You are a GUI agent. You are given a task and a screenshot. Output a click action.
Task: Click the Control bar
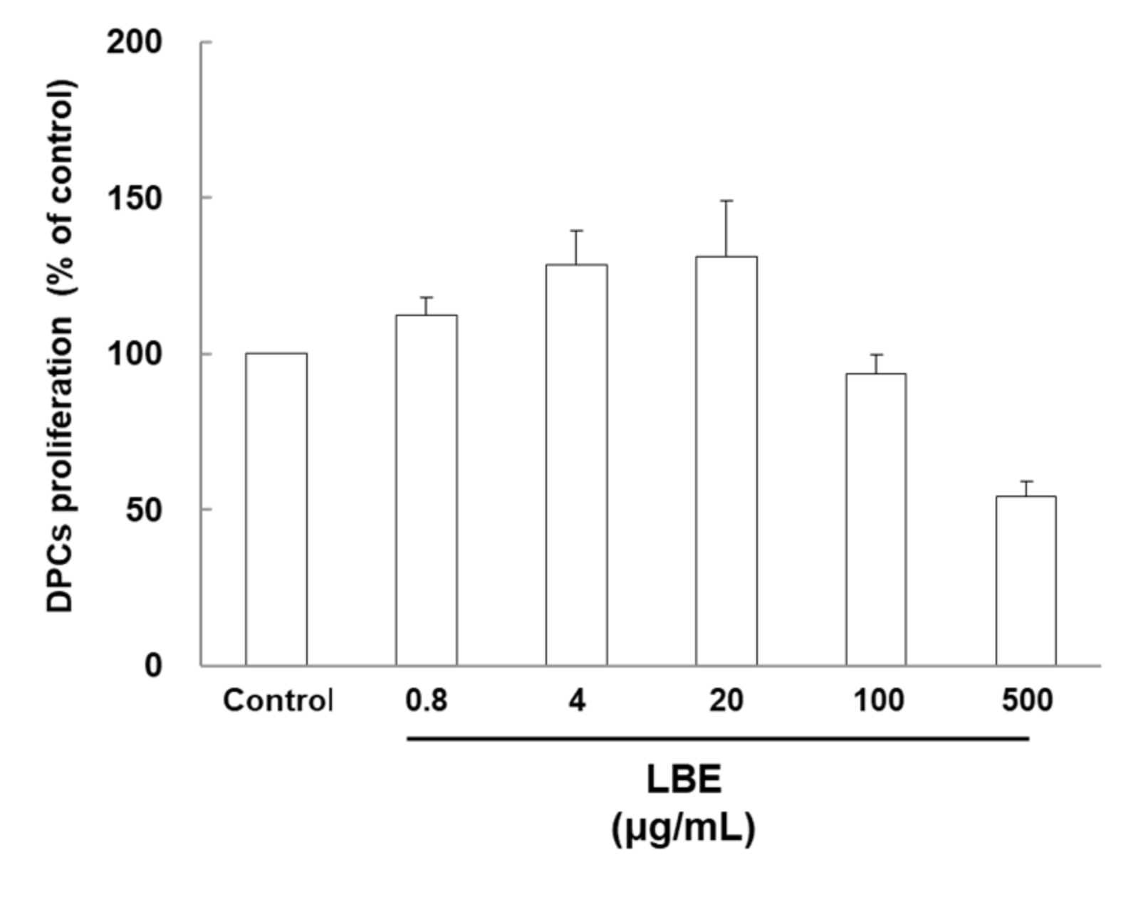click(276, 509)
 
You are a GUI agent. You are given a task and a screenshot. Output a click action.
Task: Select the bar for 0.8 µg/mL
click(427, 490)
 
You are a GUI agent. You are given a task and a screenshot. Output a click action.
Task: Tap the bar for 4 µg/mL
click(577, 465)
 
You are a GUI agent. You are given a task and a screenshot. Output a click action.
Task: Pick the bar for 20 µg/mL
click(726, 461)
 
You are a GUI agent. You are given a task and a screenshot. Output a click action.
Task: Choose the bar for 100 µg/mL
click(876, 519)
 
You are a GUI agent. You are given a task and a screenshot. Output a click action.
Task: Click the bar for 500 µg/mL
click(1026, 580)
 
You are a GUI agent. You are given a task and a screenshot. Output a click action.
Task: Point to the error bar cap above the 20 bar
click(726, 201)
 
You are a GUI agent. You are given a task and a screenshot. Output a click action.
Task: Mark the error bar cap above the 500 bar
click(1026, 482)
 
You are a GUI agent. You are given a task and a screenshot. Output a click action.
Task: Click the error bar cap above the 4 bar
click(577, 231)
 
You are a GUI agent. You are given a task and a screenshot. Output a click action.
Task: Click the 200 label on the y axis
click(134, 43)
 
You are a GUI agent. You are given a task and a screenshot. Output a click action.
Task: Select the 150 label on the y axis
click(134, 198)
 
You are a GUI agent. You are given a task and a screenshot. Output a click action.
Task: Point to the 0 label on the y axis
click(153, 666)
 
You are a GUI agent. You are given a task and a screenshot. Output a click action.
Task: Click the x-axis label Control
click(277, 701)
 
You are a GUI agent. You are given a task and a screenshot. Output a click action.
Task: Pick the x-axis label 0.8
click(427, 701)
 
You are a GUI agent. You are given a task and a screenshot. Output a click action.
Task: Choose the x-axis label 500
click(1026, 701)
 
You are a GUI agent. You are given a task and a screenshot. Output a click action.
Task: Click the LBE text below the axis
click(684, 780)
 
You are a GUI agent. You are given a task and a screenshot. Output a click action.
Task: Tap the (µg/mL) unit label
click(684, 828)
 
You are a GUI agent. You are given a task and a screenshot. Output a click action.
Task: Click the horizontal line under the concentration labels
click(718, 739)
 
